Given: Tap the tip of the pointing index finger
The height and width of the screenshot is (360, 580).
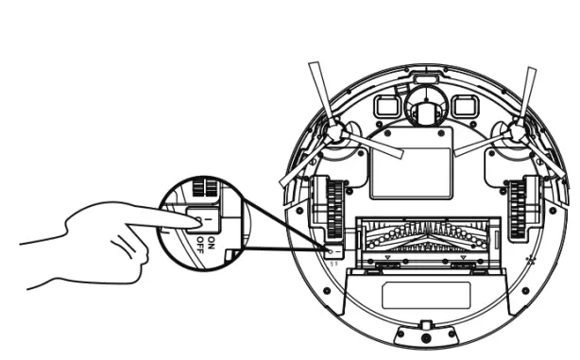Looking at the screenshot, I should click(x=196, y=223).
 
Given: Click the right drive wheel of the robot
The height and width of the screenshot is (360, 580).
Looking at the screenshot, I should click(x=518, y=205).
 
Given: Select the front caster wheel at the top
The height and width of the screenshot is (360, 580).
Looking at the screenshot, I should click(x=423, y=111).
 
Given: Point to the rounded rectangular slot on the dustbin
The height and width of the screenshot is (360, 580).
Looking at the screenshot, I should click(x=425, y=297).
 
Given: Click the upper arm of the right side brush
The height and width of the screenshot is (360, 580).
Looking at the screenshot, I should click(x=529, y=91).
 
